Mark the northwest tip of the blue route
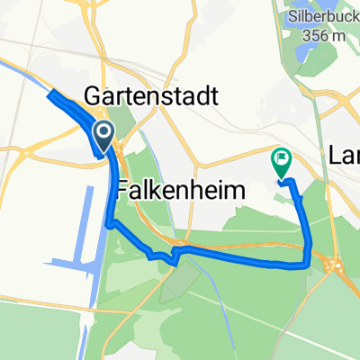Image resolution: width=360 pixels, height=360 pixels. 50,94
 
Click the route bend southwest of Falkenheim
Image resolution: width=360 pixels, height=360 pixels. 109,222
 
